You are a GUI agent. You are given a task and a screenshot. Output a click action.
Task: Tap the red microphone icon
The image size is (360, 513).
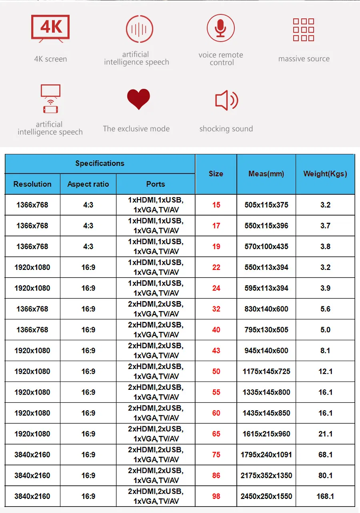tap(220, 28)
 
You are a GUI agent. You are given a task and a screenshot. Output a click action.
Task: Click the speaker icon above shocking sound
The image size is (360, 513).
tap(226, 100)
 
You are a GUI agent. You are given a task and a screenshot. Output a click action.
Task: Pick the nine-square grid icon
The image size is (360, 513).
tap(304, 30)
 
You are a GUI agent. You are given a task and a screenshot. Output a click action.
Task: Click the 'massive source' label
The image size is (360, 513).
tap(304, 59)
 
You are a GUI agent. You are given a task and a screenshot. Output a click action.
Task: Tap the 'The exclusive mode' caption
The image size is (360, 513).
tap(136, 129)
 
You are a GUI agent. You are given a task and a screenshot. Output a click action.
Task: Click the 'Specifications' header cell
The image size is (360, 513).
tap(100, 163)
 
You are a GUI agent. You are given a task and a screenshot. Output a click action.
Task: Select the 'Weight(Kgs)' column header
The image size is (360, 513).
tap(325, 174)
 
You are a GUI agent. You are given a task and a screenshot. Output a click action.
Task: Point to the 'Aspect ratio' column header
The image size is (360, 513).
tap(88, 184)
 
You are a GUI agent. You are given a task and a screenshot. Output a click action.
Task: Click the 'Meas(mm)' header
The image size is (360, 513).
tap(266, 174)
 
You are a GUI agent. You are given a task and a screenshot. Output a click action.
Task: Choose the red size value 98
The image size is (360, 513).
tap(216, 496)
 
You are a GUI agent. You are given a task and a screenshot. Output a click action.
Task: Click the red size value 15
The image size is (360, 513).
tap(216, 205)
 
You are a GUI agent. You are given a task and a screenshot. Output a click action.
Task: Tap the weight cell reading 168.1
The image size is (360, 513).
tap(325, 496)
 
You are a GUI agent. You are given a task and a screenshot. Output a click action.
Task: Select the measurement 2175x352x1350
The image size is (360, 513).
tap(266, 475)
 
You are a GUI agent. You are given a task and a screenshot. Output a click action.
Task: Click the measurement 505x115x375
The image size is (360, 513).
tap(266, 205)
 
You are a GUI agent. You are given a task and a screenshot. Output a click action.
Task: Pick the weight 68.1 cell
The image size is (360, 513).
tap(325, 455)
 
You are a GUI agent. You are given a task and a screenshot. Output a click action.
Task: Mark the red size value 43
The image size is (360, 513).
tap(216, 351)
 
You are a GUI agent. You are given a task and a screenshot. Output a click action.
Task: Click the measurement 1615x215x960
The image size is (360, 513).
tap(266, 434)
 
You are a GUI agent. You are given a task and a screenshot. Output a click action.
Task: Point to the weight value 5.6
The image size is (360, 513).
tap(325, 309)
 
